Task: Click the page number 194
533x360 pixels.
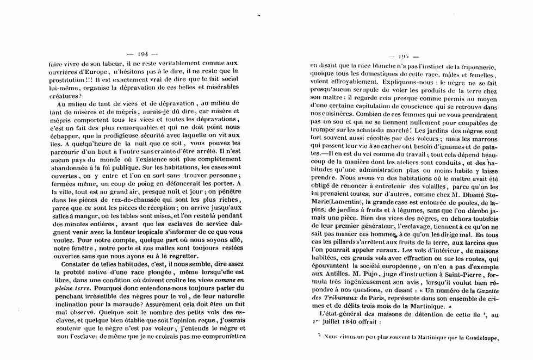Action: tap(143, 54)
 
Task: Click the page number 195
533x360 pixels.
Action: tap(402, 56)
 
